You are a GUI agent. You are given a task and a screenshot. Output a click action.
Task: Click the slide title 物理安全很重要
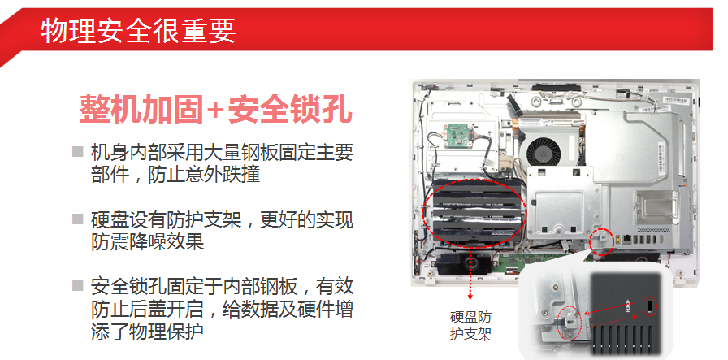point(138,31)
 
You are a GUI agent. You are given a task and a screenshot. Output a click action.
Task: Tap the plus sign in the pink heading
point(215,110)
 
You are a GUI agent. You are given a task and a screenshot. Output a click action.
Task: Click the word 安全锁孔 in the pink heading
point(290,110)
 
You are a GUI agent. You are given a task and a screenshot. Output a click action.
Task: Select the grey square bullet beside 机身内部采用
point(77,151)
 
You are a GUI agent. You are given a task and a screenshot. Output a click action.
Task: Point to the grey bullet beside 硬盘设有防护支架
point(77,219)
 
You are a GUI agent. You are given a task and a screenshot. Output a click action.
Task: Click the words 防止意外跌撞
point(204,175)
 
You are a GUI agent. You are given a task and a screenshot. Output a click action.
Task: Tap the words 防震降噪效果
point(148,242)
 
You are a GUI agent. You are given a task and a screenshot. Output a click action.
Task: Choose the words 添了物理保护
point(148,332)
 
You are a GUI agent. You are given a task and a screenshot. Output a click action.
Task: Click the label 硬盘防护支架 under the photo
point(470,326)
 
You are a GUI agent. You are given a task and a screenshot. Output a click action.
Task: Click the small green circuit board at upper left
point(460,136)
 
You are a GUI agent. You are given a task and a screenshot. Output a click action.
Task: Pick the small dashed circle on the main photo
point(602,242)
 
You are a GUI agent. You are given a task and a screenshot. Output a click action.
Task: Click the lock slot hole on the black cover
point(649,306)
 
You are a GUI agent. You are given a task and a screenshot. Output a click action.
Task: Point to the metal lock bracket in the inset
point(570,320)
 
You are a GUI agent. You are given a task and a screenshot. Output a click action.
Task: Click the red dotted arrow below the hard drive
point(470,276)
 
